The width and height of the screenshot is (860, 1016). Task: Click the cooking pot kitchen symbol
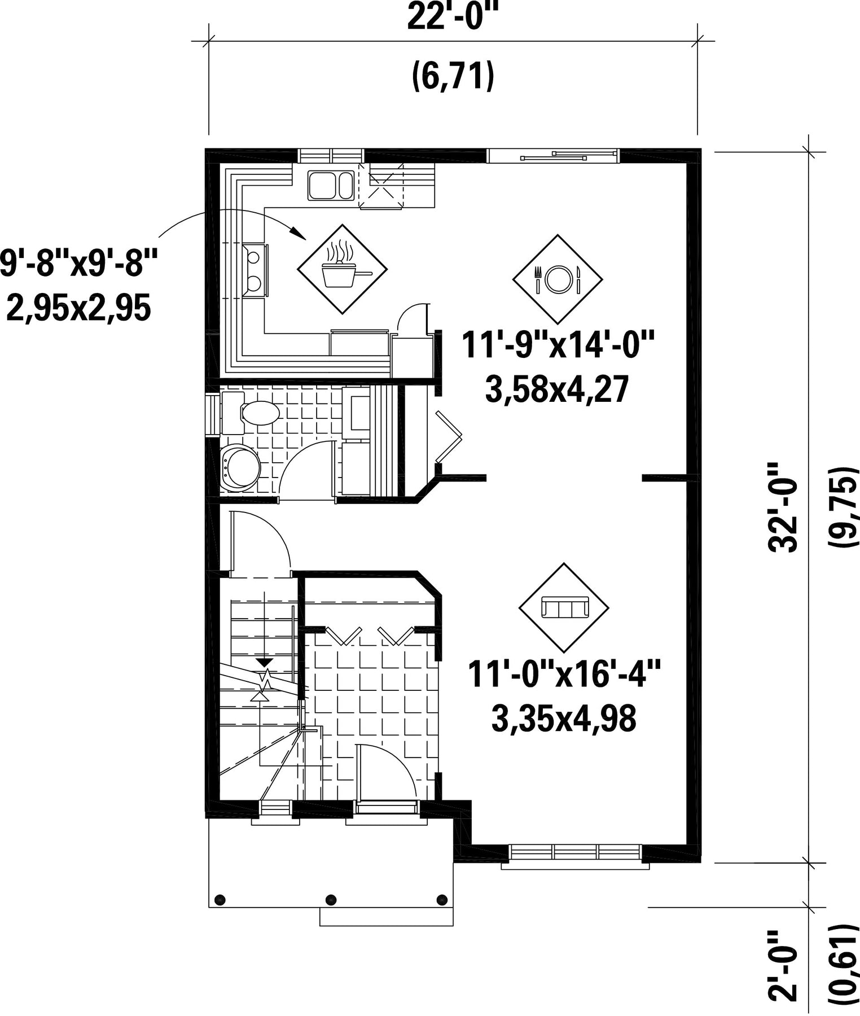(x=343, y=269)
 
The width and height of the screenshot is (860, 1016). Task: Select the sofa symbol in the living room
(x=564, y=608)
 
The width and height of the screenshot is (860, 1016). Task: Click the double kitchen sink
(x=330, y=185)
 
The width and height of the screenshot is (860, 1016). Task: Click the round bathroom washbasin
(x=240, y=467)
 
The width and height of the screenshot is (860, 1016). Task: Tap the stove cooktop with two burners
(x=255, y=270)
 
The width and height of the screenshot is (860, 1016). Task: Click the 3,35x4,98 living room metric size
(x=564, y=719)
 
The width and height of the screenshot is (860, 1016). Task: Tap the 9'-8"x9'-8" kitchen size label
(x=78, y=264)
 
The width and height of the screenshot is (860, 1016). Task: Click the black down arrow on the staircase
(x=264, y=662)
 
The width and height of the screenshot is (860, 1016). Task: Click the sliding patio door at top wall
(x=553, y=155)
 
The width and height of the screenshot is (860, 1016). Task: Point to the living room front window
(x=575, y=852)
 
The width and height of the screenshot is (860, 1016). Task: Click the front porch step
(x=387, y=917)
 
